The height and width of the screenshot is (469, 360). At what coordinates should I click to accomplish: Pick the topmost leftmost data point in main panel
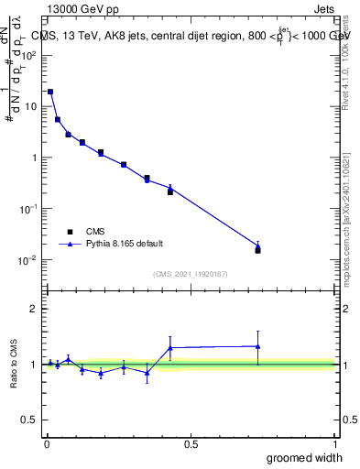click(x=50, y=92)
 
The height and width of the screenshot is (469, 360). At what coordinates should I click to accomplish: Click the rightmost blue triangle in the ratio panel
click(x=257, y=346)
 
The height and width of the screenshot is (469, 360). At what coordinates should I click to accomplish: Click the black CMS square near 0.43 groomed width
click(x=170, y=192)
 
